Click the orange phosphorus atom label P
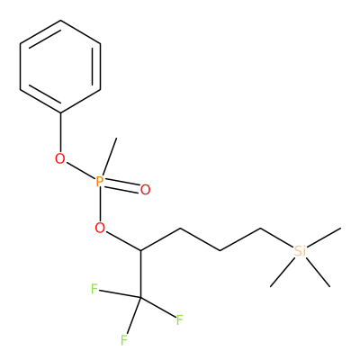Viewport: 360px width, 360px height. coord(100,182)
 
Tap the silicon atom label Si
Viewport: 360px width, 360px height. coord(300,251)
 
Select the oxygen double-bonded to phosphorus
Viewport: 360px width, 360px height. coord(145,190)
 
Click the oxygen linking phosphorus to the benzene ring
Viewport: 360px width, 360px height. coord(60,158)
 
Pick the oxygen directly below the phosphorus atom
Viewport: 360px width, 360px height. coord(100,229)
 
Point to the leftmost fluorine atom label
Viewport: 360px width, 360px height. coord(94,290)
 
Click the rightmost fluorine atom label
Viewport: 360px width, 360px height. coord(179,320)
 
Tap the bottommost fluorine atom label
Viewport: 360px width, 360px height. coord(124,340)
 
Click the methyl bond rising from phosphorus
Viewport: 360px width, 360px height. coord(109,156)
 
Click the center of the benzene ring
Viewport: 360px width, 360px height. coord(60,67)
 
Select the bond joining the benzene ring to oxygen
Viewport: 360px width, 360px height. coord(60,133)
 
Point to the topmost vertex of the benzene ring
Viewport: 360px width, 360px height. coord(60,21)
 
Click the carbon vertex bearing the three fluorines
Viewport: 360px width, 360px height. coord(140,297)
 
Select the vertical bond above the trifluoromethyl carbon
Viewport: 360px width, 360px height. coord(140,274)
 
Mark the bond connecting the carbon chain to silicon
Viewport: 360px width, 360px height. coord(277,238)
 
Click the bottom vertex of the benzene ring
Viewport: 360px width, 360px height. coord(60,112)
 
